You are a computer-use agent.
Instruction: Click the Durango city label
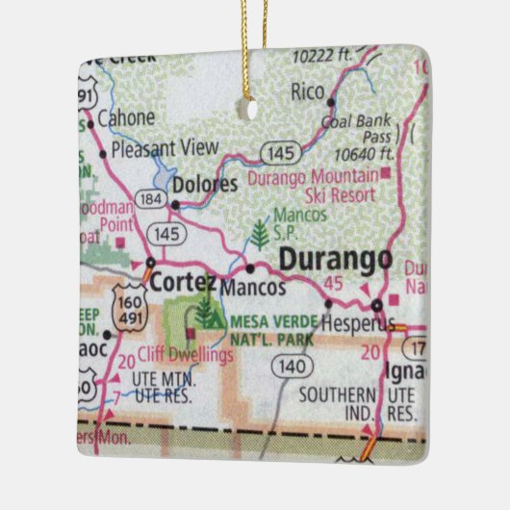(x=336, y=259)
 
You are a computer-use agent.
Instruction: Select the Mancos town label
(x=253, y=287)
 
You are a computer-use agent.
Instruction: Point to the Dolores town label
(x=204, y=184)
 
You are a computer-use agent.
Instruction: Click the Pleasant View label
(x=165, y=149)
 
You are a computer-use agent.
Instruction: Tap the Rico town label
(x=307, y=91)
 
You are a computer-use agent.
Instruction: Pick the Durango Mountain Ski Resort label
(x=313, y=185)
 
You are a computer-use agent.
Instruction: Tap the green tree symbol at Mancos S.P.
(x=258, y=234)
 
